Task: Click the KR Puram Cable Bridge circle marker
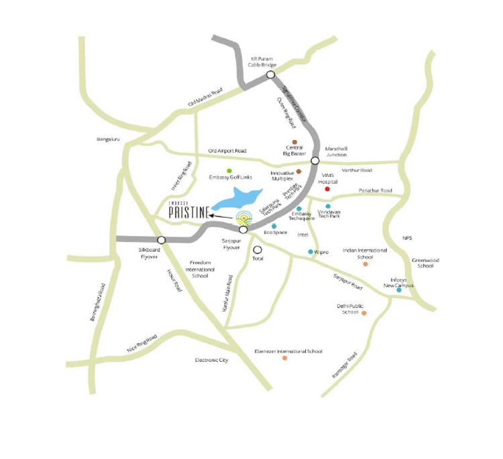tap(270, 76)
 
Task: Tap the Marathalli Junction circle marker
tap(315, 161)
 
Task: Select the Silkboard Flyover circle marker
tap(161, 240)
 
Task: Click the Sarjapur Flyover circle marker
tap(243, 230)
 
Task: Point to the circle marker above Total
tap(258, 249)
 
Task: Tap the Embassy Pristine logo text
tap(187, 212)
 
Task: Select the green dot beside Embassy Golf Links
tap(229, 170)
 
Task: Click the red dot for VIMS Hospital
tap(327, 189)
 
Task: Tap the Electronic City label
tap(212, 360)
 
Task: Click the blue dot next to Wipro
tap(310, 251)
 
